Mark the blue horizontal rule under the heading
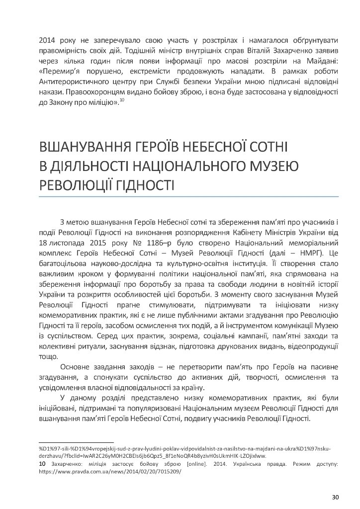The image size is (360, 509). [x=189, y=197]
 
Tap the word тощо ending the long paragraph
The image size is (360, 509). [x=48, y=356]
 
